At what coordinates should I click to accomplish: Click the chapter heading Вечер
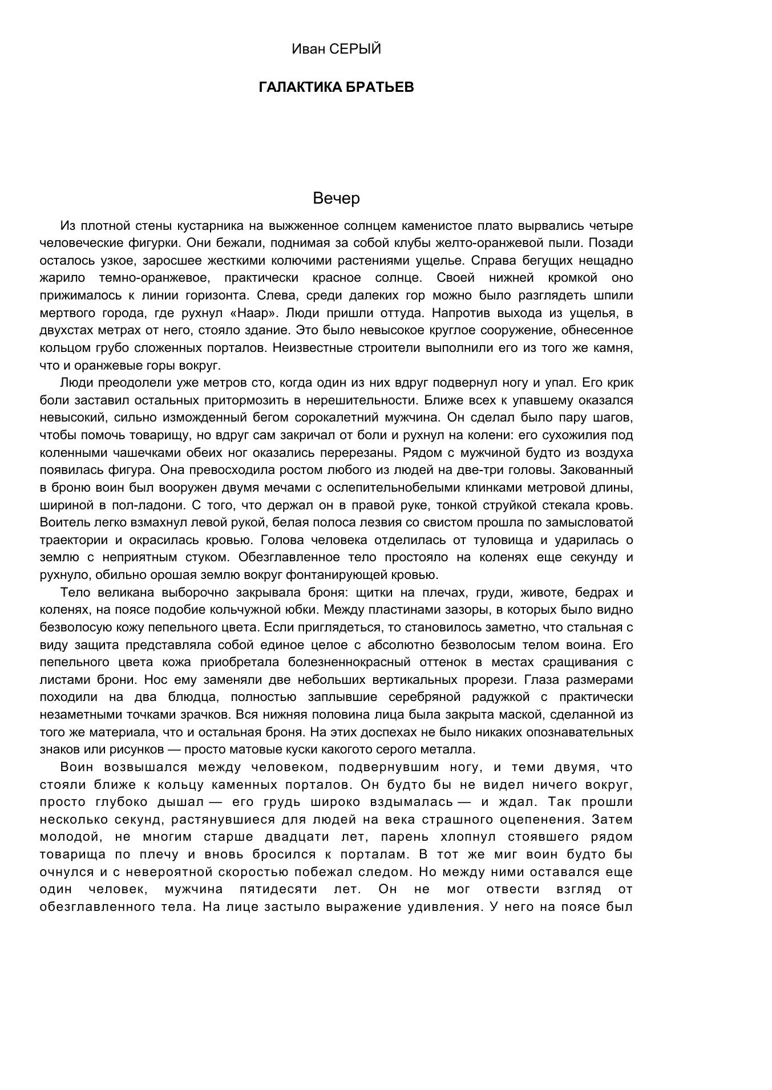point(337,198)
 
